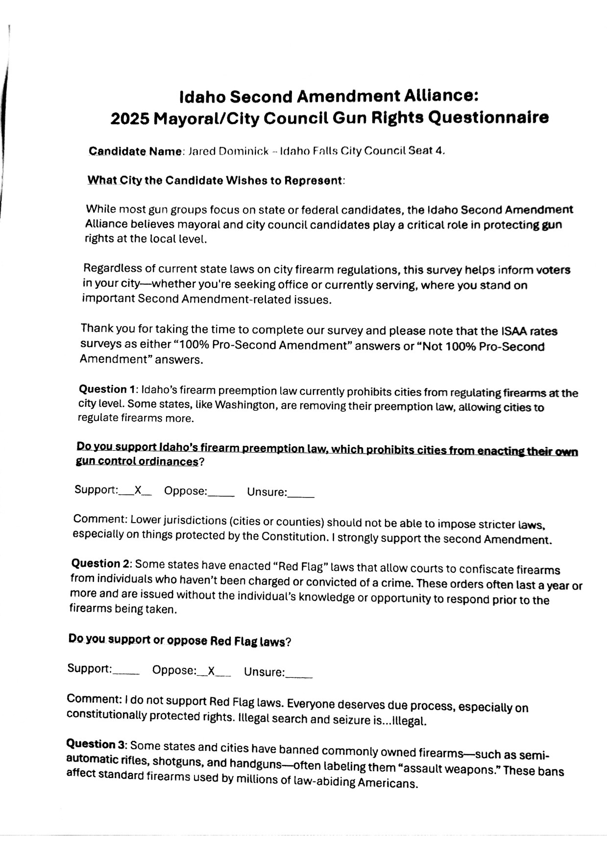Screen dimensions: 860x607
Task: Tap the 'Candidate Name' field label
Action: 135,152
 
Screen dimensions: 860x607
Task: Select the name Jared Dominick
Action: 228,152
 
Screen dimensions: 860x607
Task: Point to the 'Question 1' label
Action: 107,390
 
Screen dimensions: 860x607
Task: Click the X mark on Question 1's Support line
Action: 138,490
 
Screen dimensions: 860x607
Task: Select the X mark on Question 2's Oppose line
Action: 212,671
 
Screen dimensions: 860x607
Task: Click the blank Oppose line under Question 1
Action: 221,493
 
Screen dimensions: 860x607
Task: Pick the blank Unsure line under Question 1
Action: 301,494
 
